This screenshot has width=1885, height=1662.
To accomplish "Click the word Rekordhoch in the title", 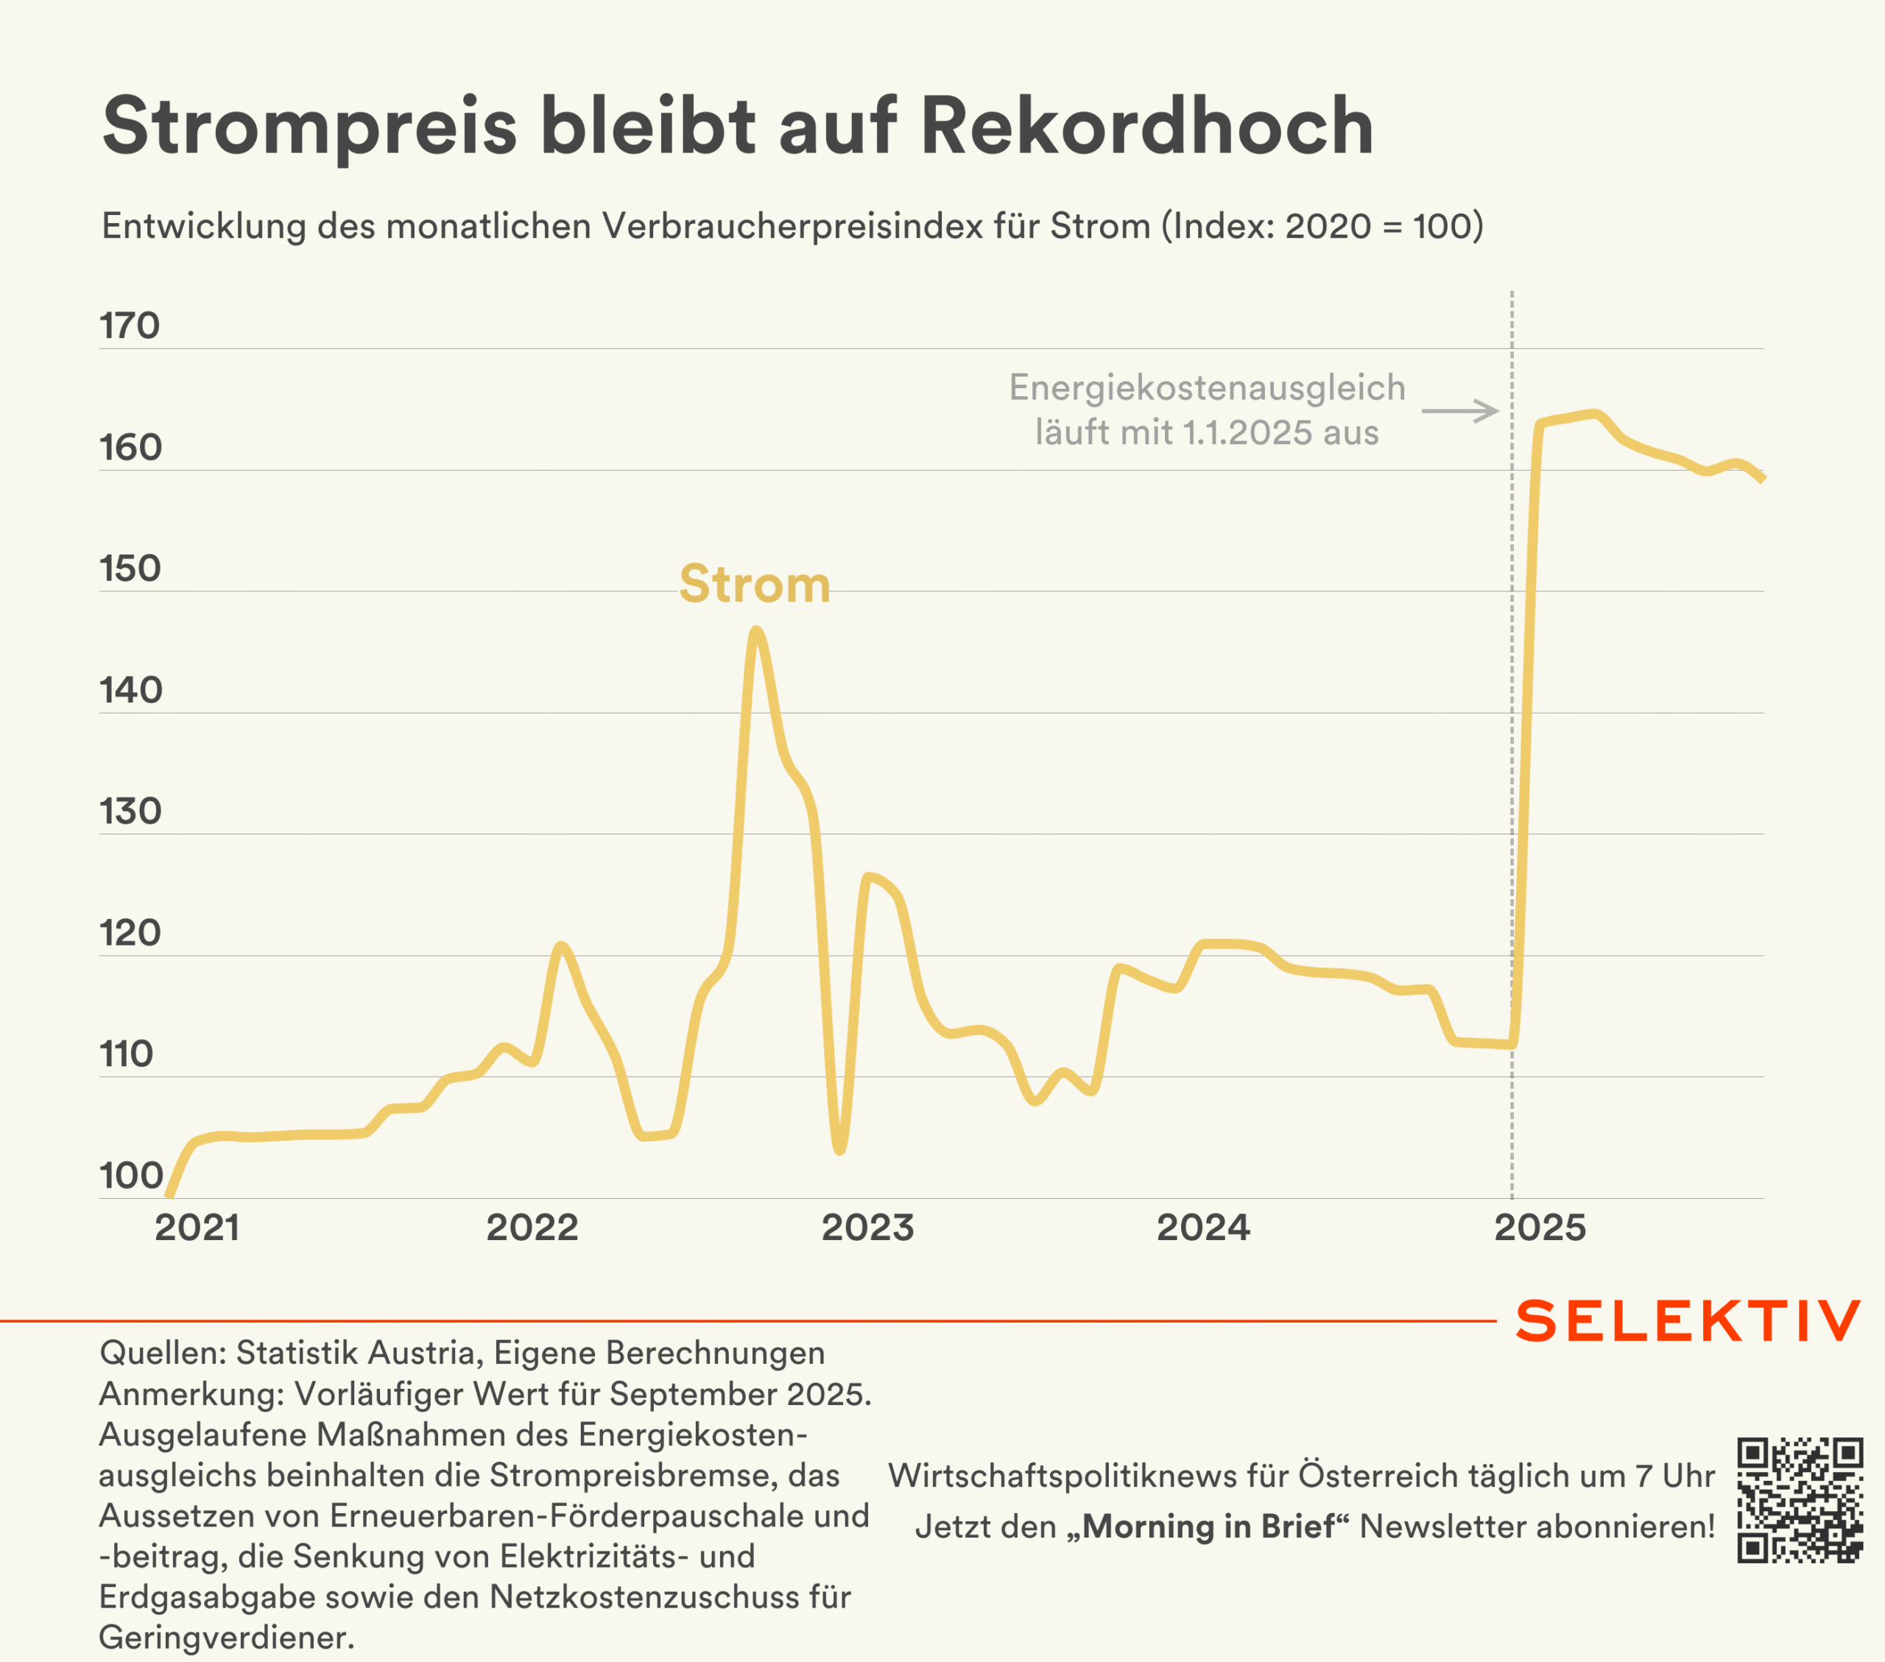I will pyautogui.click(x=1146, y=127).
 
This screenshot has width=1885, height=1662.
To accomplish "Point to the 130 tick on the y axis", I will pyautogui.click(x=130, y=811).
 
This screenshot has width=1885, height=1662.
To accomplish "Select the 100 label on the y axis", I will pyautogui.click(x=131, y=1175).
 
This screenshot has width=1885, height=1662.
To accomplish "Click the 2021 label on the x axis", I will pyautogui.click(x=197, y=1228).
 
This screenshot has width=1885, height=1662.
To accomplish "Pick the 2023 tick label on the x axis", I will pyautogui.click(x=867, y=1228).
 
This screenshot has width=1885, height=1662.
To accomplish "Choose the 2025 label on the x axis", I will pyautogui.click(x=1539, y=1228).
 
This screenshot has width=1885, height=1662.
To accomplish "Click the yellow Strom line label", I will pyautogui.click(x=755, y=584).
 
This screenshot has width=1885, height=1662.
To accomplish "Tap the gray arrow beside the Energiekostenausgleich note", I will pyautogui.click(x=1460, y=410).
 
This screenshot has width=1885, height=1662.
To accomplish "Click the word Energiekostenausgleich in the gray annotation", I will pyautogui.click(x=1206, y=387).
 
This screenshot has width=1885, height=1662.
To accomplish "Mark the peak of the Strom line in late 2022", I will pyautogui.click(x=756, y=631).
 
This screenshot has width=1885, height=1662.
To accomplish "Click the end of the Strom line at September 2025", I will pyautogui.click(x=1761, y=478).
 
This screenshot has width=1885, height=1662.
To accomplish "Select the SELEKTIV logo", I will pyautogui.click(x=1688, y=1321).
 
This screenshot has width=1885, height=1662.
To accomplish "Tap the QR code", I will pyautogui.click(x=1800, y=1500).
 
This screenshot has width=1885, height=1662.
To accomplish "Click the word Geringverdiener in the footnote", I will pyautogui.click(x=225, y=1637).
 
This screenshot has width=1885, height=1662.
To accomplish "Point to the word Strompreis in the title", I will pyautogui.click(x=309, y=127).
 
